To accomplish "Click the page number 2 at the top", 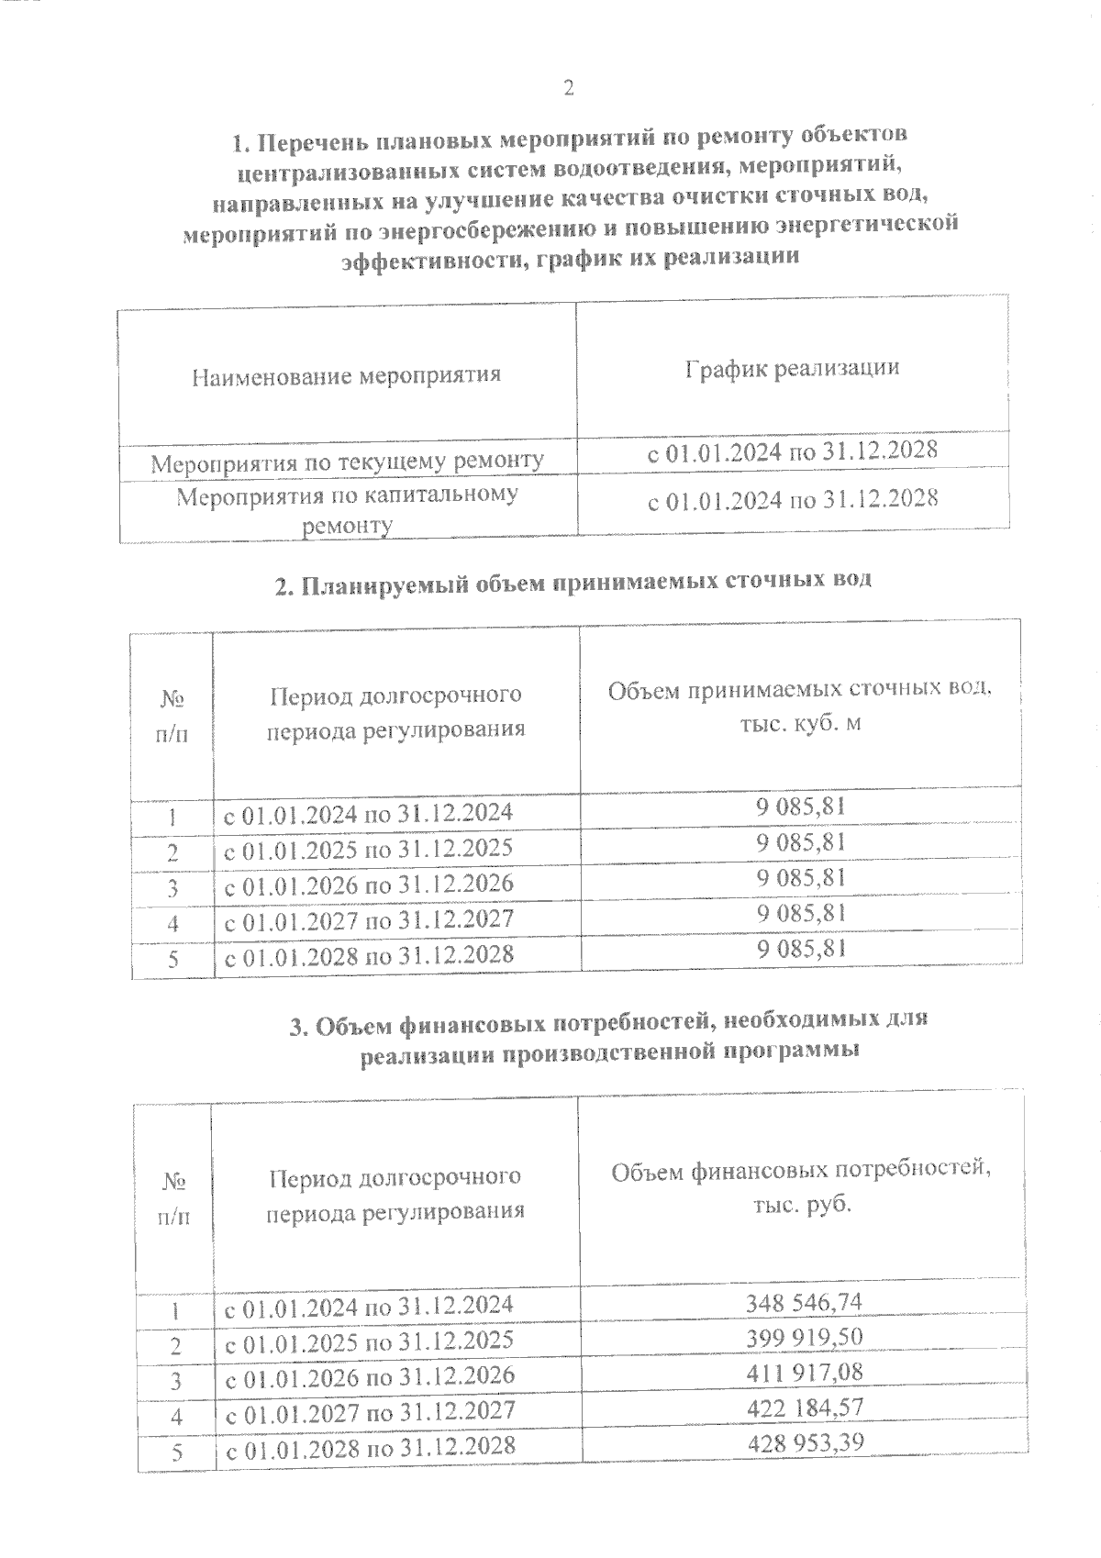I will click(x=568, y=89).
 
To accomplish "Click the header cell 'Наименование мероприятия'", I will click(x=346, y=375).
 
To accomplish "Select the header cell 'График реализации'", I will click(x=792, y=368).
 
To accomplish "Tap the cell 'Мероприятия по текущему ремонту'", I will click(x=348, y=462).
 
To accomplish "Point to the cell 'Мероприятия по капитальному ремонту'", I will click(x=348, y=510).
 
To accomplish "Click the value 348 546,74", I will click(x=802, y=1302).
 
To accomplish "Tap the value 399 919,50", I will click(x=802, y=1337).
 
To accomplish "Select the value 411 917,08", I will click(x=802, y=1373).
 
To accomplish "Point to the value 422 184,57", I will click(x=802, y=1408).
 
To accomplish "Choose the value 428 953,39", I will click(x=802, y=1442).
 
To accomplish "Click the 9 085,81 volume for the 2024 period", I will click(x=801, y=807).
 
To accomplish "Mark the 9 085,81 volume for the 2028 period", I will click(x=801, y=949).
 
